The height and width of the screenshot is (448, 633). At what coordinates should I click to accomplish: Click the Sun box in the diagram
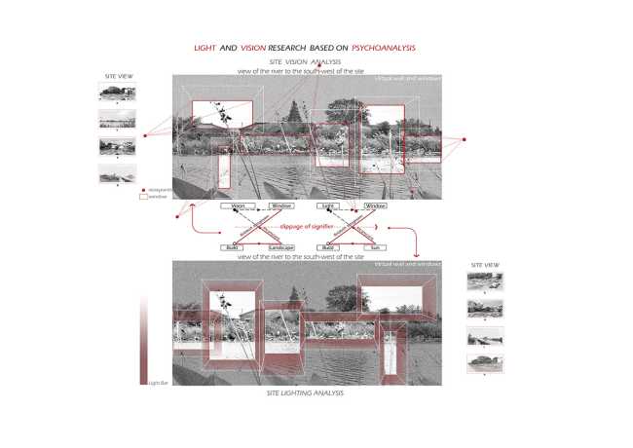[375, 248]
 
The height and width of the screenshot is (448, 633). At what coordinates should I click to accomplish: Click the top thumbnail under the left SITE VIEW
[117, 93]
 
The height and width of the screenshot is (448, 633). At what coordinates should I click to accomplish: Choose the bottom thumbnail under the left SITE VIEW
[117, 172]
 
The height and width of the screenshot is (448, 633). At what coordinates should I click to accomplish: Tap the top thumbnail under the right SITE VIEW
[485, 282]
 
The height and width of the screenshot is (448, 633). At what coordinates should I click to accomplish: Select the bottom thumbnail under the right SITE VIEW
[485, 362]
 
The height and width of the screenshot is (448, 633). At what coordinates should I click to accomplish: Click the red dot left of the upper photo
[144, 136]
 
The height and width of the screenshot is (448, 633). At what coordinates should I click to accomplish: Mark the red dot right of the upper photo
[465, 140]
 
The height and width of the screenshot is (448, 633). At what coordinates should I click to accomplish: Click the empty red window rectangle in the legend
[144, 196]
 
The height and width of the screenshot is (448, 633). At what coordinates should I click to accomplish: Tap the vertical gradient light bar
[144, 341]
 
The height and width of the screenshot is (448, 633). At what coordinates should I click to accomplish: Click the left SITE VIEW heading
[117, 75]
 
